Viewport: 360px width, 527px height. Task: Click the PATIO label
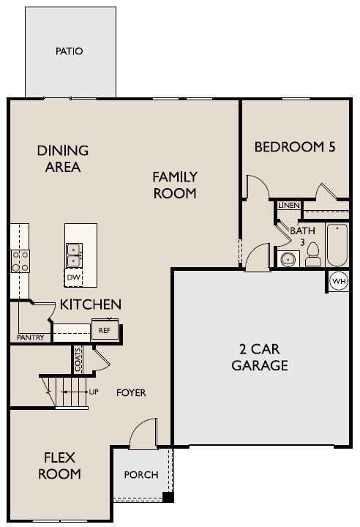69,51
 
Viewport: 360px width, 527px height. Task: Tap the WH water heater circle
339,281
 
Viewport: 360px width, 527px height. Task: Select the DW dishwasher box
73,278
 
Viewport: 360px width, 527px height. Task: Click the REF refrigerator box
105,330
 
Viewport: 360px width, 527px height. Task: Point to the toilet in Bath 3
313,254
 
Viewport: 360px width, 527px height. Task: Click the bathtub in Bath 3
337,244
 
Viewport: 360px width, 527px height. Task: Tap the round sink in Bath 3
288,259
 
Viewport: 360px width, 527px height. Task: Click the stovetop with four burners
20,261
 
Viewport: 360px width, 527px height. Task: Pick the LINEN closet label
289,205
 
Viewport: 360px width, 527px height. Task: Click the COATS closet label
78,359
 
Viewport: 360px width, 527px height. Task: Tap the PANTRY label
31,337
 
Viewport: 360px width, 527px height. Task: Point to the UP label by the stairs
94,392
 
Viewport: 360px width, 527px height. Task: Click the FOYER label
131,392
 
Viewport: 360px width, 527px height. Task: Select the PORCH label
140,474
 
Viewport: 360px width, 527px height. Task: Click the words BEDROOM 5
295,147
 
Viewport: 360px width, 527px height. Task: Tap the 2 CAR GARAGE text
260,357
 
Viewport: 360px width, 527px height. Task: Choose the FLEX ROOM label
59,466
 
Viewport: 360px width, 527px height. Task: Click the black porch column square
168,497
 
